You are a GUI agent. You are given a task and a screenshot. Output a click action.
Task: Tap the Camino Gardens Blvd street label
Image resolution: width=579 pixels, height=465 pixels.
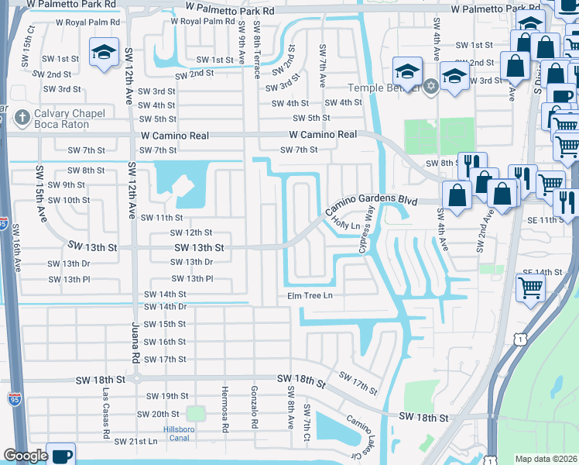pyautogui.click(x=372, y=205)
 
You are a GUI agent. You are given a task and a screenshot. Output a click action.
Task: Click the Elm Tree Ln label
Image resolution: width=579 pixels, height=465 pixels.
pyautogui.click(x=310, y=295)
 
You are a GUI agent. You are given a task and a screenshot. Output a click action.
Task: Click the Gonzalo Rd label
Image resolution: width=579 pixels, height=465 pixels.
pyautogui.click(x=254, y=408)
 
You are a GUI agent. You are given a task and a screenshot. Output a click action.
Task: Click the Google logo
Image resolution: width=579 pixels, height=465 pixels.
pyautogui.click(x=26, y=456)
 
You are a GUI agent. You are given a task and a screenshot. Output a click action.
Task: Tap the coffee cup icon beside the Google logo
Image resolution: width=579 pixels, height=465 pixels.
pyautogui.click(x=60, y=455)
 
